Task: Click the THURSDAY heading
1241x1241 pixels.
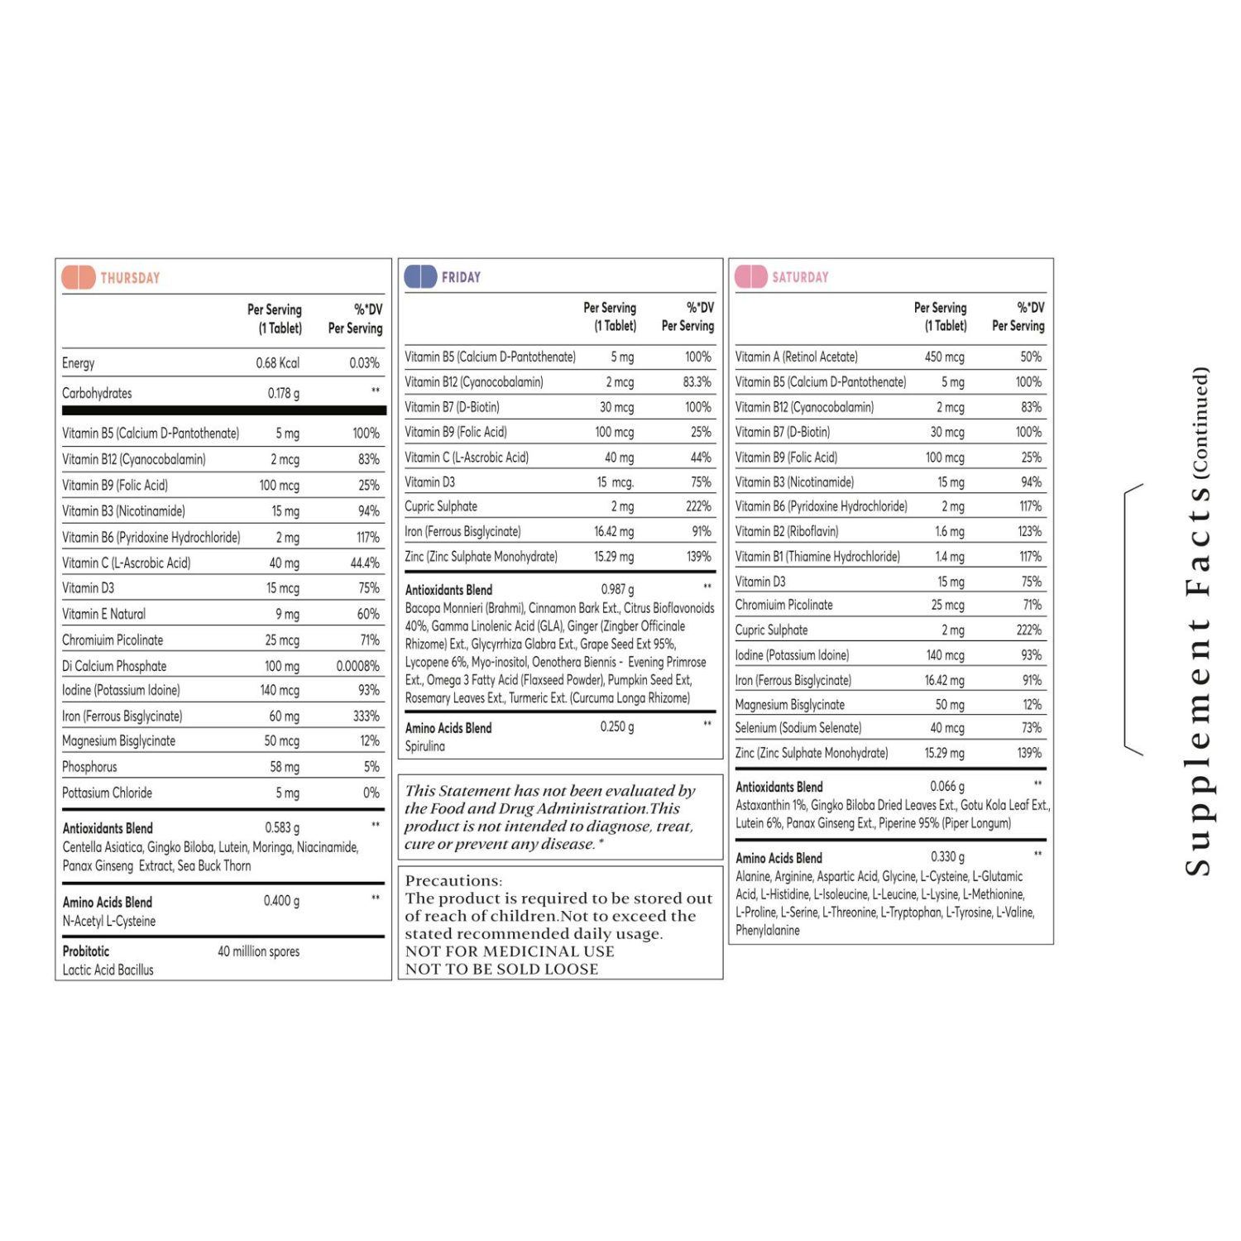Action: [130, 278]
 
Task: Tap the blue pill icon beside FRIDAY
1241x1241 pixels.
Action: [420, 276]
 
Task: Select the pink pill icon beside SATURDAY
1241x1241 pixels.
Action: [750, 276]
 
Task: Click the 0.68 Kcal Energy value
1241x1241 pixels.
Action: [277, 363]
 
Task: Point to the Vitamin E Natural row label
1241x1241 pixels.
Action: [103, 614]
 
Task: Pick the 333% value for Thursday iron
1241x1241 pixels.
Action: [366, 716]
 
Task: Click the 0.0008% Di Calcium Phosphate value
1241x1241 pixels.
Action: [357, 666]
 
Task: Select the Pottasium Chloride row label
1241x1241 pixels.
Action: [107, 793]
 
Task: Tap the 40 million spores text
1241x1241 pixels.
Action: [258, 951]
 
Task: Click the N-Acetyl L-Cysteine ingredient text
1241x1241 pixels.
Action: [108, 921]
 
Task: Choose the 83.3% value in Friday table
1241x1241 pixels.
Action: [697, 382]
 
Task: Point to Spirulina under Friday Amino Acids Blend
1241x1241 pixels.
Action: [424, 746]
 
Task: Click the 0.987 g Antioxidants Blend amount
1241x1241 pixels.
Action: [617, 590]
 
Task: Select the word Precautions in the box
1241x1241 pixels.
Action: [453, 881]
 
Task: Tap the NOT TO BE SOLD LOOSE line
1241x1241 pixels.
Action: [501, 969]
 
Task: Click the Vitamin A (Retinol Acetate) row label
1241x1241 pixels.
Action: [796, 357]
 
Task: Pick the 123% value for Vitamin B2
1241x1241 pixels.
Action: [1029, 532]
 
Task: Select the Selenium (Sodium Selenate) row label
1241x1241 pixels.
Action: [798, 728]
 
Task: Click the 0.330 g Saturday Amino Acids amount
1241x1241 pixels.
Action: [947, 857]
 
